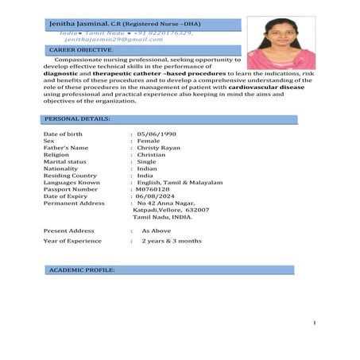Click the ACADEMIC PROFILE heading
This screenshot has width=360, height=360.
coord(82,270)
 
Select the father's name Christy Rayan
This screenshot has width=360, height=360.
coord(159,148)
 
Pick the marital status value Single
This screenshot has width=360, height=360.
coord(147,162)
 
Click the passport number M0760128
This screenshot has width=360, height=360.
coord(153,189)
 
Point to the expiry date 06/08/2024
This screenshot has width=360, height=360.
coord(156,196)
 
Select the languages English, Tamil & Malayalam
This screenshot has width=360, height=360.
coord(180,182)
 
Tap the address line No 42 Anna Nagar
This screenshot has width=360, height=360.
coord(168,203)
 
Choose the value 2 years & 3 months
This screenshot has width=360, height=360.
coord(171,240)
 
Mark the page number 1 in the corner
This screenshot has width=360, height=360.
coord(315,323)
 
